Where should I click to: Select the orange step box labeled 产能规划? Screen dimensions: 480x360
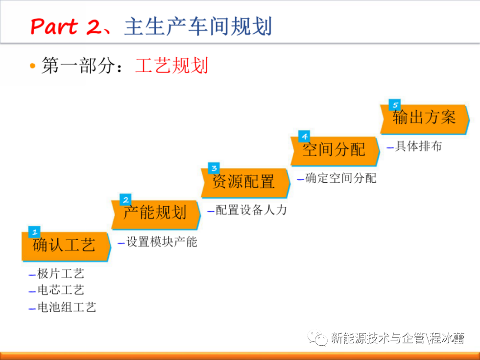click(x=156, y=215)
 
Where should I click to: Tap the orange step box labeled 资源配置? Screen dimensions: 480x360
click(x=245, y=183)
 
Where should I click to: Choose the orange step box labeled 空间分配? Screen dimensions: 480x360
click(x=335, y=151)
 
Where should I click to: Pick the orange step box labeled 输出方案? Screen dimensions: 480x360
click(x=425, y=119)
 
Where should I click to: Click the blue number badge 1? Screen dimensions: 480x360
click(x=34, y=232)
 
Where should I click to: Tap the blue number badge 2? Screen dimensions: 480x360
click(x=125, y=200)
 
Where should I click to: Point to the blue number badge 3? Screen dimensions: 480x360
click(x=214, y=168)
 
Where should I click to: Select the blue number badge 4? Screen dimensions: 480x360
click(x=304, y=136)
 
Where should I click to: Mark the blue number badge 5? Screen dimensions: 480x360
click(x=395, y=105)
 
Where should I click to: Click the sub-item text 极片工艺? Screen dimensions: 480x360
click(x=61, y=274)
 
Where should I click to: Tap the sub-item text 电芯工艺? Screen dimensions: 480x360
click(x=61, y=290)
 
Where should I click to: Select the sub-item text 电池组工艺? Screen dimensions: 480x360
click(x=67, y=307)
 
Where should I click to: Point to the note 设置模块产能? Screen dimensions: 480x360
click(x=162, y=242)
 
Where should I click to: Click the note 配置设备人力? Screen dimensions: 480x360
click(x=251, y=210)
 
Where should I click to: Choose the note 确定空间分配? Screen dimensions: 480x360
click(x=341, y=178)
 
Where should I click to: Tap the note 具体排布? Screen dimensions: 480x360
click(x=418, y=146)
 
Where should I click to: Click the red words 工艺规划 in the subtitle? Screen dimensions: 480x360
click(x=172, y=65)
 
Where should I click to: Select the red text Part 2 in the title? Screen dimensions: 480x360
click(x=66, y=26)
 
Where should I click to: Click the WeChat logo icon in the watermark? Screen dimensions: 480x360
click(x=317, y=338)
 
